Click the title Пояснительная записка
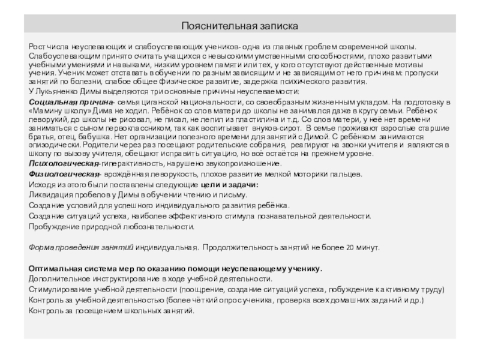click(240, 26)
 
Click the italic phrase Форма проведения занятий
click(81, 247)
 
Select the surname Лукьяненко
click(61, 91)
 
